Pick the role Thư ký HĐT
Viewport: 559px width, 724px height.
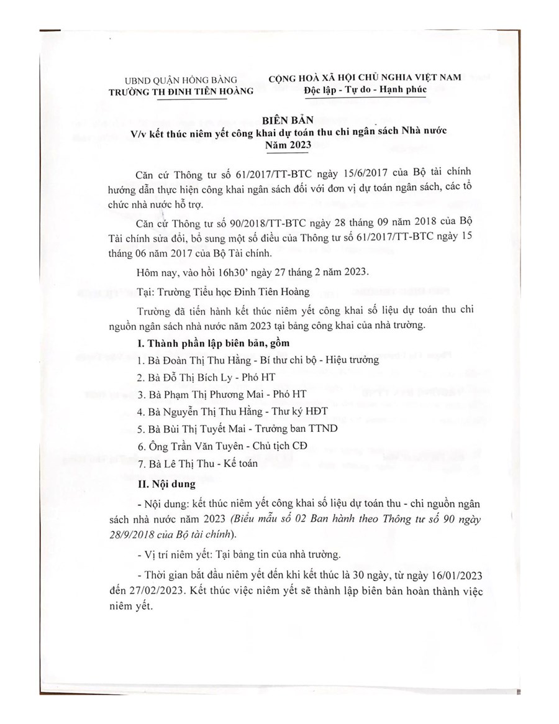tap(297, 411)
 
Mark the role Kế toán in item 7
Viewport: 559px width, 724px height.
tap(224, 463)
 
